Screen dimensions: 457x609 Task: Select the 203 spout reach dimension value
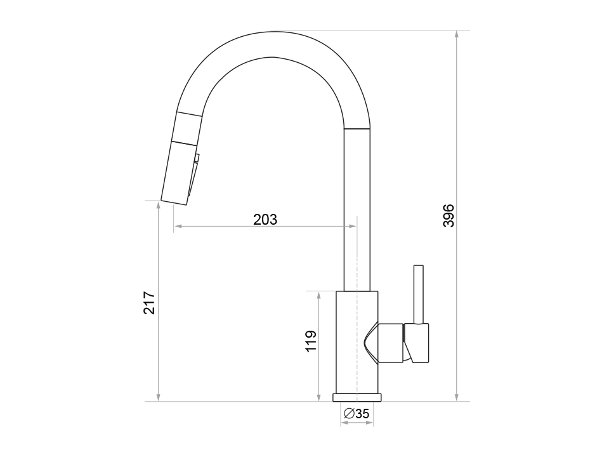pyautogui.click(x=265, y=220)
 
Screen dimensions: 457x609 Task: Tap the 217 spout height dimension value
pyautogui.click(x=148, y=303)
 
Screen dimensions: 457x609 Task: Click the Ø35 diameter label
pyautogui.click(x=356, y=414)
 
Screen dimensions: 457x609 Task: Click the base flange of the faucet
pyautogui.click(x=357, y=397)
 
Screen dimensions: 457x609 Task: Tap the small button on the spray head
pyautogui.click(x=197, y=158)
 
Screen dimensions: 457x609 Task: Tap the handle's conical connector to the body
pyautogui.click(x=384, y=343)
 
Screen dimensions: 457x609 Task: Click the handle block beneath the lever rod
pyautogui.click(x=418, y=343)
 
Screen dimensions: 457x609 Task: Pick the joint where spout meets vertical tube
pyautogui.click(x=357, y=129)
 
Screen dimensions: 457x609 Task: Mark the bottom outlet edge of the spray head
pyautogui.click(x=175, y=202)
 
